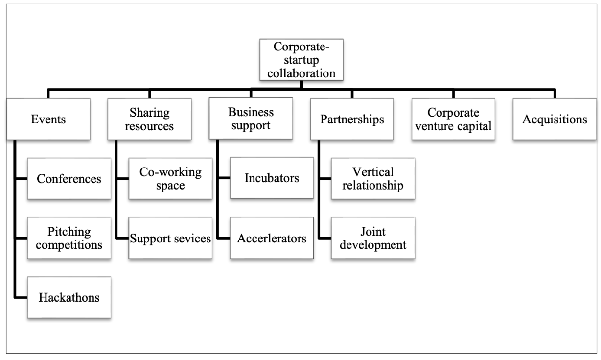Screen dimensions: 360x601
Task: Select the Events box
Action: point(48,120)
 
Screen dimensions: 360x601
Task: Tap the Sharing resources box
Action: point(150,120)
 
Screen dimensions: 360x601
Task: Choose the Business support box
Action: point(251,119)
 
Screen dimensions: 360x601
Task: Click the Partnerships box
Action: point(352,120)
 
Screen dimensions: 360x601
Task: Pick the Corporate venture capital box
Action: point(453,120)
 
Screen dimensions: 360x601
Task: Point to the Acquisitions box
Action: point(555,120)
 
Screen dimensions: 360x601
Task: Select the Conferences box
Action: point(69,178)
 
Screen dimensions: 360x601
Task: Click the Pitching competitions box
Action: point(69,238)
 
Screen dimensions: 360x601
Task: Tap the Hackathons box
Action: point(69,297)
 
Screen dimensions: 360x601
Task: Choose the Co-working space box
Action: point(170,178)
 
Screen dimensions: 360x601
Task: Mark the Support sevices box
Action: point(170,239)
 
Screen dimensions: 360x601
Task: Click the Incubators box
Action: point(272,178)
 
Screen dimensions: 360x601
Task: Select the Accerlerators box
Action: point(272,239)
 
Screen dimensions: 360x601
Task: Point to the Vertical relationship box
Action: point(373,179)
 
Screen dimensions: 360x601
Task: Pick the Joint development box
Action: point(373,238)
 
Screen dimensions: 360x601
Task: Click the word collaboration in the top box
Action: point(301,73)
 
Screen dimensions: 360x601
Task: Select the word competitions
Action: point(69,244)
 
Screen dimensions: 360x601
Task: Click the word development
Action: point(373,244)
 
